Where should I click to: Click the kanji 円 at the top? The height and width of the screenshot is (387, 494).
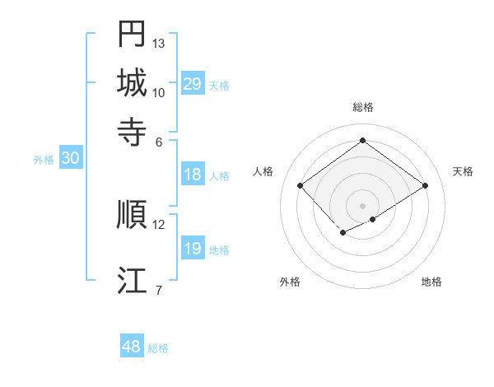click(132, 34)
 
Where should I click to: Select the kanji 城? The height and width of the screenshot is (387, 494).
click(132, 82)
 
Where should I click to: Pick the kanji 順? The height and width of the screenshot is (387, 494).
click(132, 214)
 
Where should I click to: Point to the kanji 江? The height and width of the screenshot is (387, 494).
click(132, 280)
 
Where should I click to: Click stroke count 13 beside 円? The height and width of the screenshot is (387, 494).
click(159, 43)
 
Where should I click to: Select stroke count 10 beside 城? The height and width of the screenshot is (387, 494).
click(159, 92)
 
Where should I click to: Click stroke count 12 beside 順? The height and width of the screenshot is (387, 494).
click(159, 224)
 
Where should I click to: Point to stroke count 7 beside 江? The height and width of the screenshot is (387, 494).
click(159, 290)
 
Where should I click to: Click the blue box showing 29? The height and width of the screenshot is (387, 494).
click(192, 84)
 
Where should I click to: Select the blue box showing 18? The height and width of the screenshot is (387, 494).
click(192, 175)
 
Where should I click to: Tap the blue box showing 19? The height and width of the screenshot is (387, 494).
click(192, 249)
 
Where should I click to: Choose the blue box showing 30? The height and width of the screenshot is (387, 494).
click(70, 159)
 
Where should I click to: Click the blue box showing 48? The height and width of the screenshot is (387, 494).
click(132, 347)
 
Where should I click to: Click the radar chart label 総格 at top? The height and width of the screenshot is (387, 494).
click(363, 107)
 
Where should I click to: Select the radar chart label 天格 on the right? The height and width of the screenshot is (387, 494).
click(463, 171)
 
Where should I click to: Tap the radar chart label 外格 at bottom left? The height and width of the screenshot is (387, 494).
click(290, 282)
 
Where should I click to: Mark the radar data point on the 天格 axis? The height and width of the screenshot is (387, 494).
click(425, 186)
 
